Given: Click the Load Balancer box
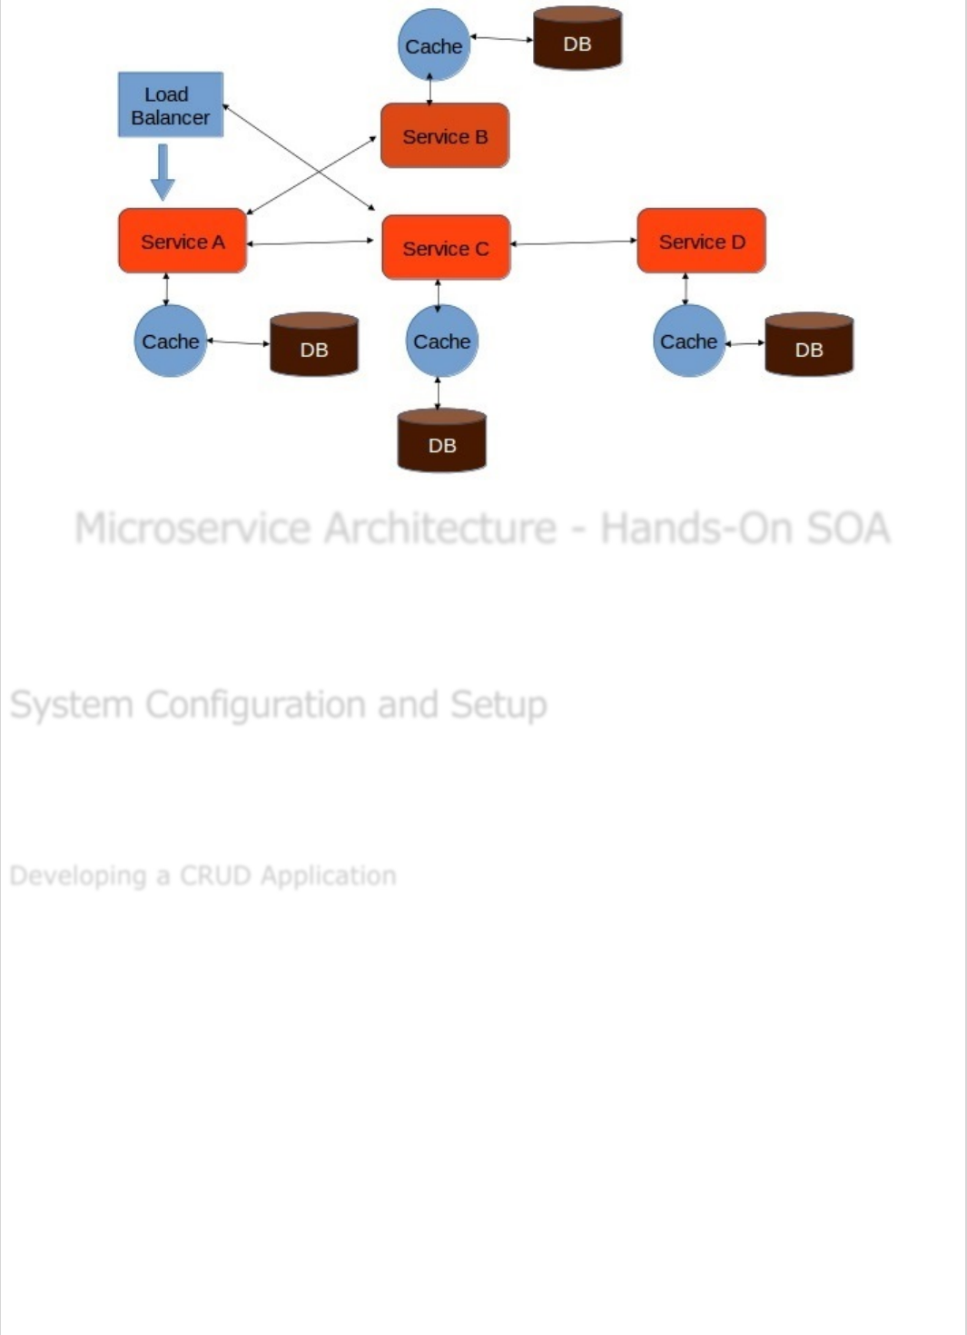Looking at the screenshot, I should coord(171,105).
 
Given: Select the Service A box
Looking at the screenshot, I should coord(183,242).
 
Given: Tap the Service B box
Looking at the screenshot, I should coord(445,136).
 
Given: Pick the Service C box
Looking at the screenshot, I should coord(446,248).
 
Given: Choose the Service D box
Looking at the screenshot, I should coord(702,242).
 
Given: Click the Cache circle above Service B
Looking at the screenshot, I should coord(433,45).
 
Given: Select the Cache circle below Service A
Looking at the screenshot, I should coord(170,341).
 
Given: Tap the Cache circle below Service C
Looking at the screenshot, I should coord(442,341).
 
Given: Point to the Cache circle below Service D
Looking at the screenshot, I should coord(689,341).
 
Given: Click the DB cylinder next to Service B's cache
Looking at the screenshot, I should coord(577,41).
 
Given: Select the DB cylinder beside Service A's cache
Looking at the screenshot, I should coord(314,346).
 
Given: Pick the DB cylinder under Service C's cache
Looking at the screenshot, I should coord(442,442).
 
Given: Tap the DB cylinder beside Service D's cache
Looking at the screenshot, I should coord(809,347).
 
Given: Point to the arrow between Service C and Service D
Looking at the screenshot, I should coord(574,242).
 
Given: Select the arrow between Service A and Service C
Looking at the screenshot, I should coord(311,242).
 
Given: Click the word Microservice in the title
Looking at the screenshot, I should coord(192,529).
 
